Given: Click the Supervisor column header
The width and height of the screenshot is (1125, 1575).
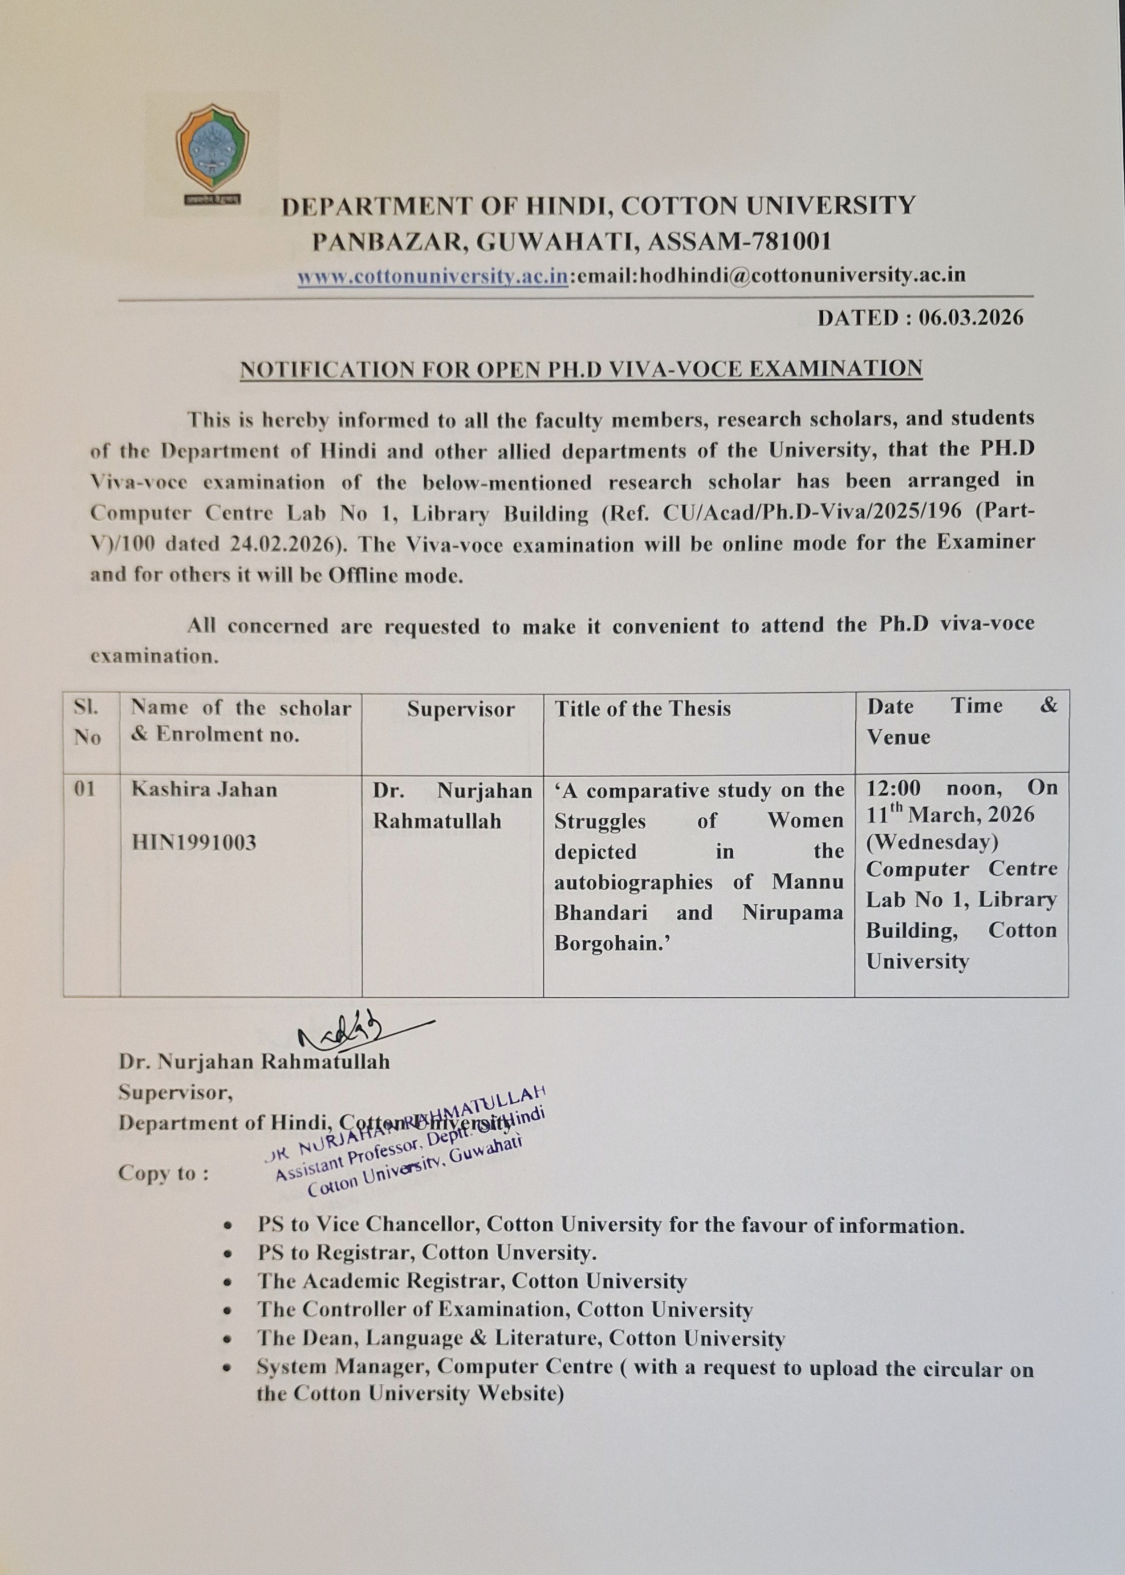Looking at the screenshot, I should (461, 709).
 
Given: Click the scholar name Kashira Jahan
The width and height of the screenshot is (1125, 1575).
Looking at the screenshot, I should (204, 790).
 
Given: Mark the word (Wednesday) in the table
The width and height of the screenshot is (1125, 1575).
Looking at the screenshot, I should (932, 842).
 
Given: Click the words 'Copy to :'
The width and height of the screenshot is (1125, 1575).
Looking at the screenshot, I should (164, 1174).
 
